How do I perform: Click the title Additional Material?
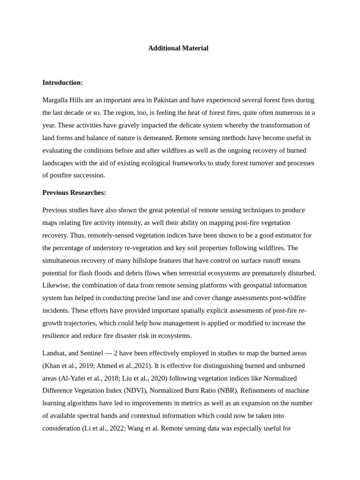pos(178,48)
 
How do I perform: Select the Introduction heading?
pos(62,82)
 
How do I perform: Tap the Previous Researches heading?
pos(74,193)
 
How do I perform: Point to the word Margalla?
pos(55,100)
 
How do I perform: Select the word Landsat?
pos(55,353)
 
